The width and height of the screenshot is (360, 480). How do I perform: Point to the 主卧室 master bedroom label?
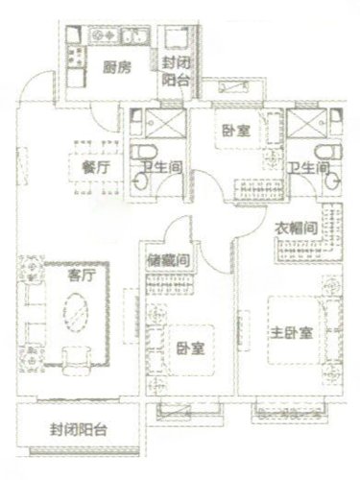pyautogui.click(x=292, y=333)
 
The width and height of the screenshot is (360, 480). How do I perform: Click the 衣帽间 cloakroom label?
pyautogui.click(x=297, y=228)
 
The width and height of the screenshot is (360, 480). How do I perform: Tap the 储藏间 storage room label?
pyautogui.click(x=169, y=260)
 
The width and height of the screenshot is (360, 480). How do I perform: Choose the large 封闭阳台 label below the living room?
pyautogui.click(x=78, y=429)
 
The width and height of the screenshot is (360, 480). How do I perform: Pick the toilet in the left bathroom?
pyautogui.click(x=144, y=152)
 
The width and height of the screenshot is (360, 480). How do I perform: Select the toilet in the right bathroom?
pyautogui.click(x=329, y=152)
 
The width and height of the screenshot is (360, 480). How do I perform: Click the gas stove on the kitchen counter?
pyautogui.click(x=104, y=35)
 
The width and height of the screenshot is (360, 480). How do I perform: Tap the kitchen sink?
pyautogui.click(x=135, y=36)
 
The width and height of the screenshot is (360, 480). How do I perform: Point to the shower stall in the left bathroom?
pyautogui.click(x=165, y=124)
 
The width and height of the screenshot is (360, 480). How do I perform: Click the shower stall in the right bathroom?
pyautogui.click(x=307, y=124)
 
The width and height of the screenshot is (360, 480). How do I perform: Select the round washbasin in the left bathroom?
pyautogui.click(x=141, y=181)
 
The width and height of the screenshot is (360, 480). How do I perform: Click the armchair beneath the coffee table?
pyautogui.click(x=77, y=360)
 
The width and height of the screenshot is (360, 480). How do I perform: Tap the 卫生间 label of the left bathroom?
pyautogui.click(x=162, y=167)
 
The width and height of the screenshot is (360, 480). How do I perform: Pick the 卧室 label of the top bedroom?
pyautogui.click(x=236, y=131)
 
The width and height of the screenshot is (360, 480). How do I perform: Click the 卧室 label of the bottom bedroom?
pyautogui.click(x=191, y=348)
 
